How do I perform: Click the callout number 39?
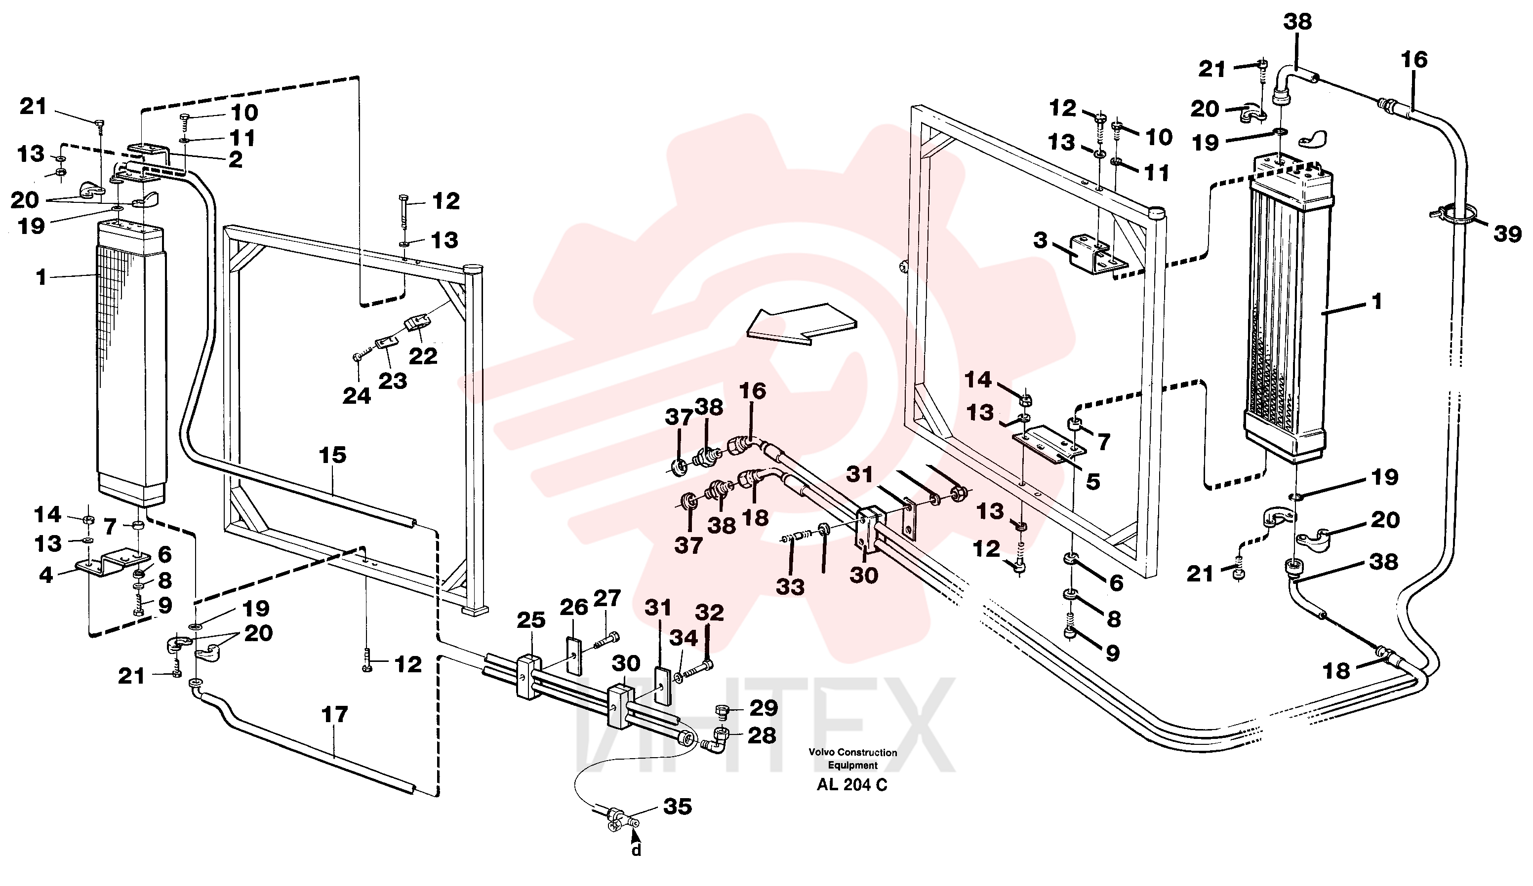click(x=1507, y=234)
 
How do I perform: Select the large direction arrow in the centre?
click(x=802, y=323)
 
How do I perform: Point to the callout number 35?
click(x=678, y=807)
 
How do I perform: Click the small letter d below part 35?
click(x=636, y=849)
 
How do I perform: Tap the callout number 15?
click(x=332, y=455)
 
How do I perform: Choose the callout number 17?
click(x=334, y=715)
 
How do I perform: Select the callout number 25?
click(x=531, y=620)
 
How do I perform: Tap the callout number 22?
click(x=423, y=356)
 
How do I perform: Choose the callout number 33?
click(x=790, y=587)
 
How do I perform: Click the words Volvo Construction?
click(x=852, y=752)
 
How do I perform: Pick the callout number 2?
click(x=236, y=159)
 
